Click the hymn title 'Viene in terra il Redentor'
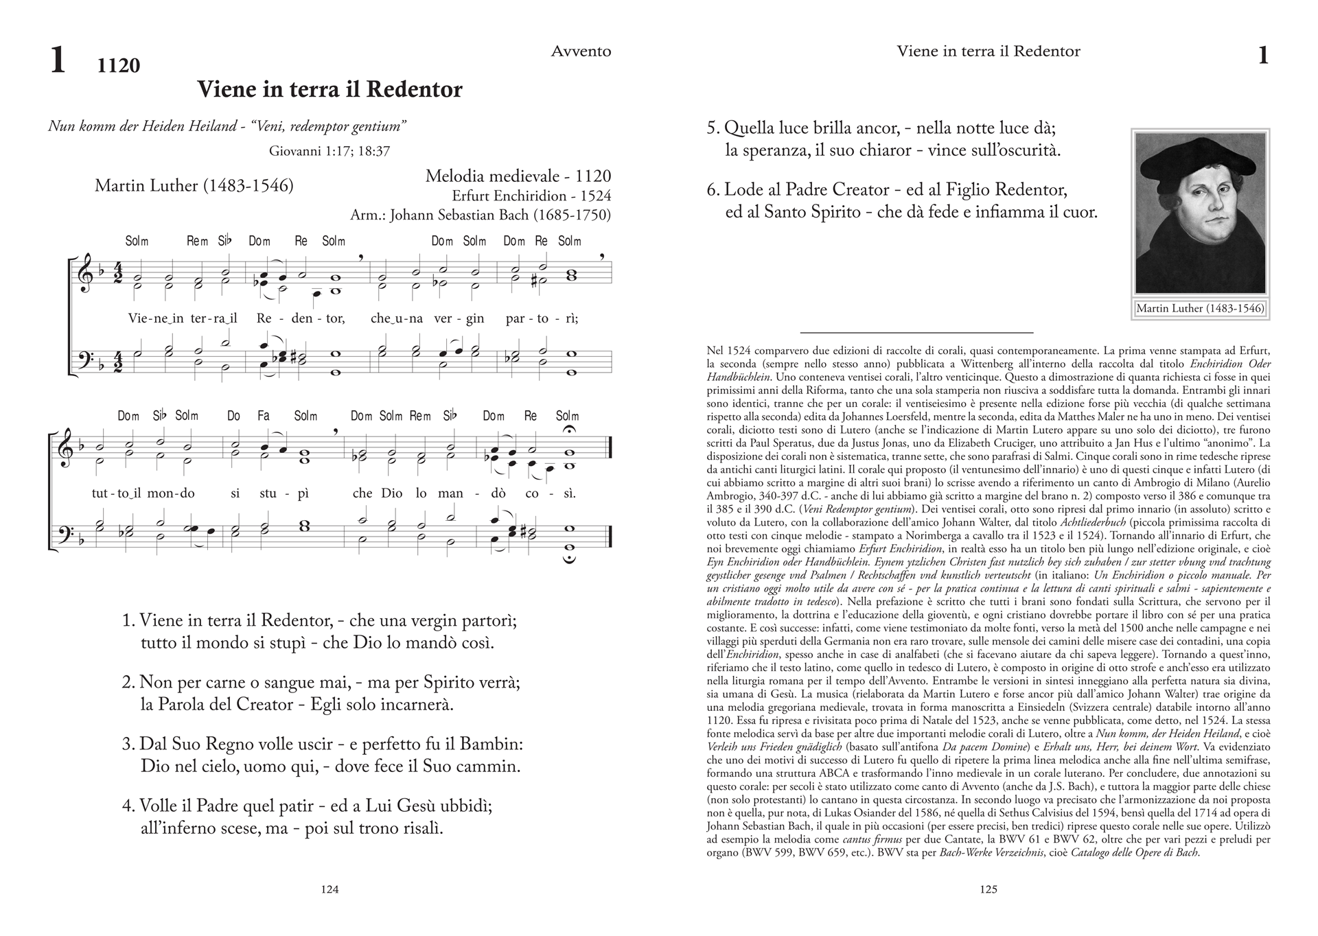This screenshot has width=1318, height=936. pyautogui.click(x=329, y=90)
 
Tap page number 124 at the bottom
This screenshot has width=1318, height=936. pyautogui.click(x=330, y=889)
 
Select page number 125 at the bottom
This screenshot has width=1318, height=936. pyautogui.click(x=988, y=889)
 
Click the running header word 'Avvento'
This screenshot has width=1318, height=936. pyautogui.click(x=581, y=51)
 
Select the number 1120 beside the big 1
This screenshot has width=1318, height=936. pyautogui.click(x=119, y=66)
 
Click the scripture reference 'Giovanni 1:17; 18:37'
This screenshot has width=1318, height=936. pyautogui.click(x=329, y=152)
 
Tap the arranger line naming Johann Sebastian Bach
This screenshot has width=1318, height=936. pyautogui.click(x=480, y=215)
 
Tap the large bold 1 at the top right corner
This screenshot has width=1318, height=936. pyautogui.click(x=1262, y=55)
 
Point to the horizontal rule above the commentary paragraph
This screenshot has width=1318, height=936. pyautogui.click(x=916, y=332)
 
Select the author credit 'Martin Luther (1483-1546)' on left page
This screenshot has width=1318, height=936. pyautogui.click(x=194, y=186)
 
